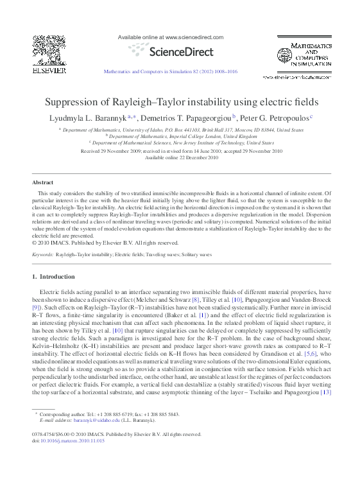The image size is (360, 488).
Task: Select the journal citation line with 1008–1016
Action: [170, 71]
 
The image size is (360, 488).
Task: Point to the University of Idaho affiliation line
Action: [182, 129]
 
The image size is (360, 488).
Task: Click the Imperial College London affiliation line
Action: [182, 136]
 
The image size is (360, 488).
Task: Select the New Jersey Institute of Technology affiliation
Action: [182, 143]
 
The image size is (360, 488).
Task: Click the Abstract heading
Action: [43, 183]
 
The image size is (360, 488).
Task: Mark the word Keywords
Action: [43, 255]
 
